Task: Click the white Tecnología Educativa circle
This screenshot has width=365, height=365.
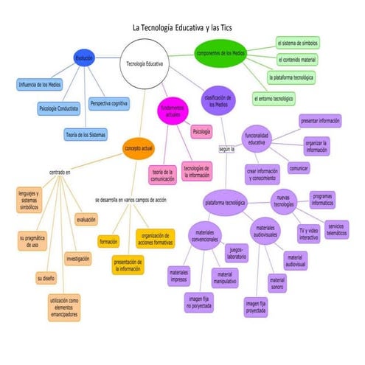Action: tap(146, 64)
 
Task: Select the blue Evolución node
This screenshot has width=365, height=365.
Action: tap(84, 58)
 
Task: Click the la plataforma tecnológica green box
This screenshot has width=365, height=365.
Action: tap(292, 77)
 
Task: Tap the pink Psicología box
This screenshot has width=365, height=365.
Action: tap(201, 133)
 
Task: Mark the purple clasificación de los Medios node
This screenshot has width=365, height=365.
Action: tap(218, 100)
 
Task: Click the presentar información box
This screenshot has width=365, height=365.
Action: tap(319, 119)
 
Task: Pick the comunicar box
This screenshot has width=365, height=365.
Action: tap(299, 168)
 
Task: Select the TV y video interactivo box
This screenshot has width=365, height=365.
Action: tap(308, 233)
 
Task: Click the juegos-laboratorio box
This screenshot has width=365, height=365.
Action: tap(237, 253)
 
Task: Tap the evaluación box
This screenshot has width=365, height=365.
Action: tap(85, 219)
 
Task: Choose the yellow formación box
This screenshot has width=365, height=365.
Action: tap(109, 241)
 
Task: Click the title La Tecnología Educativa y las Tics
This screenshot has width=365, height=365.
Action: tap(182, 27)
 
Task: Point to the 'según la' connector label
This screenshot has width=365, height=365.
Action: tap(226, 150)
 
